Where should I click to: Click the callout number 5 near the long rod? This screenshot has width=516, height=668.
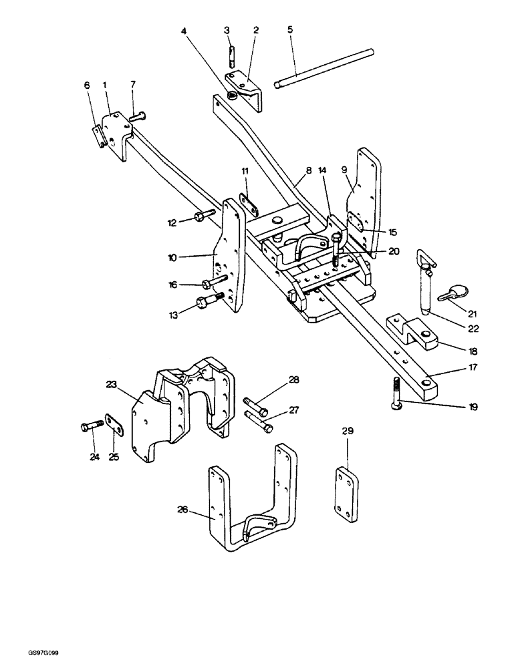tap(289, 30)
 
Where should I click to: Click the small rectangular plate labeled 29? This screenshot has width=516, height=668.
tap(348, 488)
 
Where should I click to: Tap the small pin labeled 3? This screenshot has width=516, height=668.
tap(231, 53)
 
